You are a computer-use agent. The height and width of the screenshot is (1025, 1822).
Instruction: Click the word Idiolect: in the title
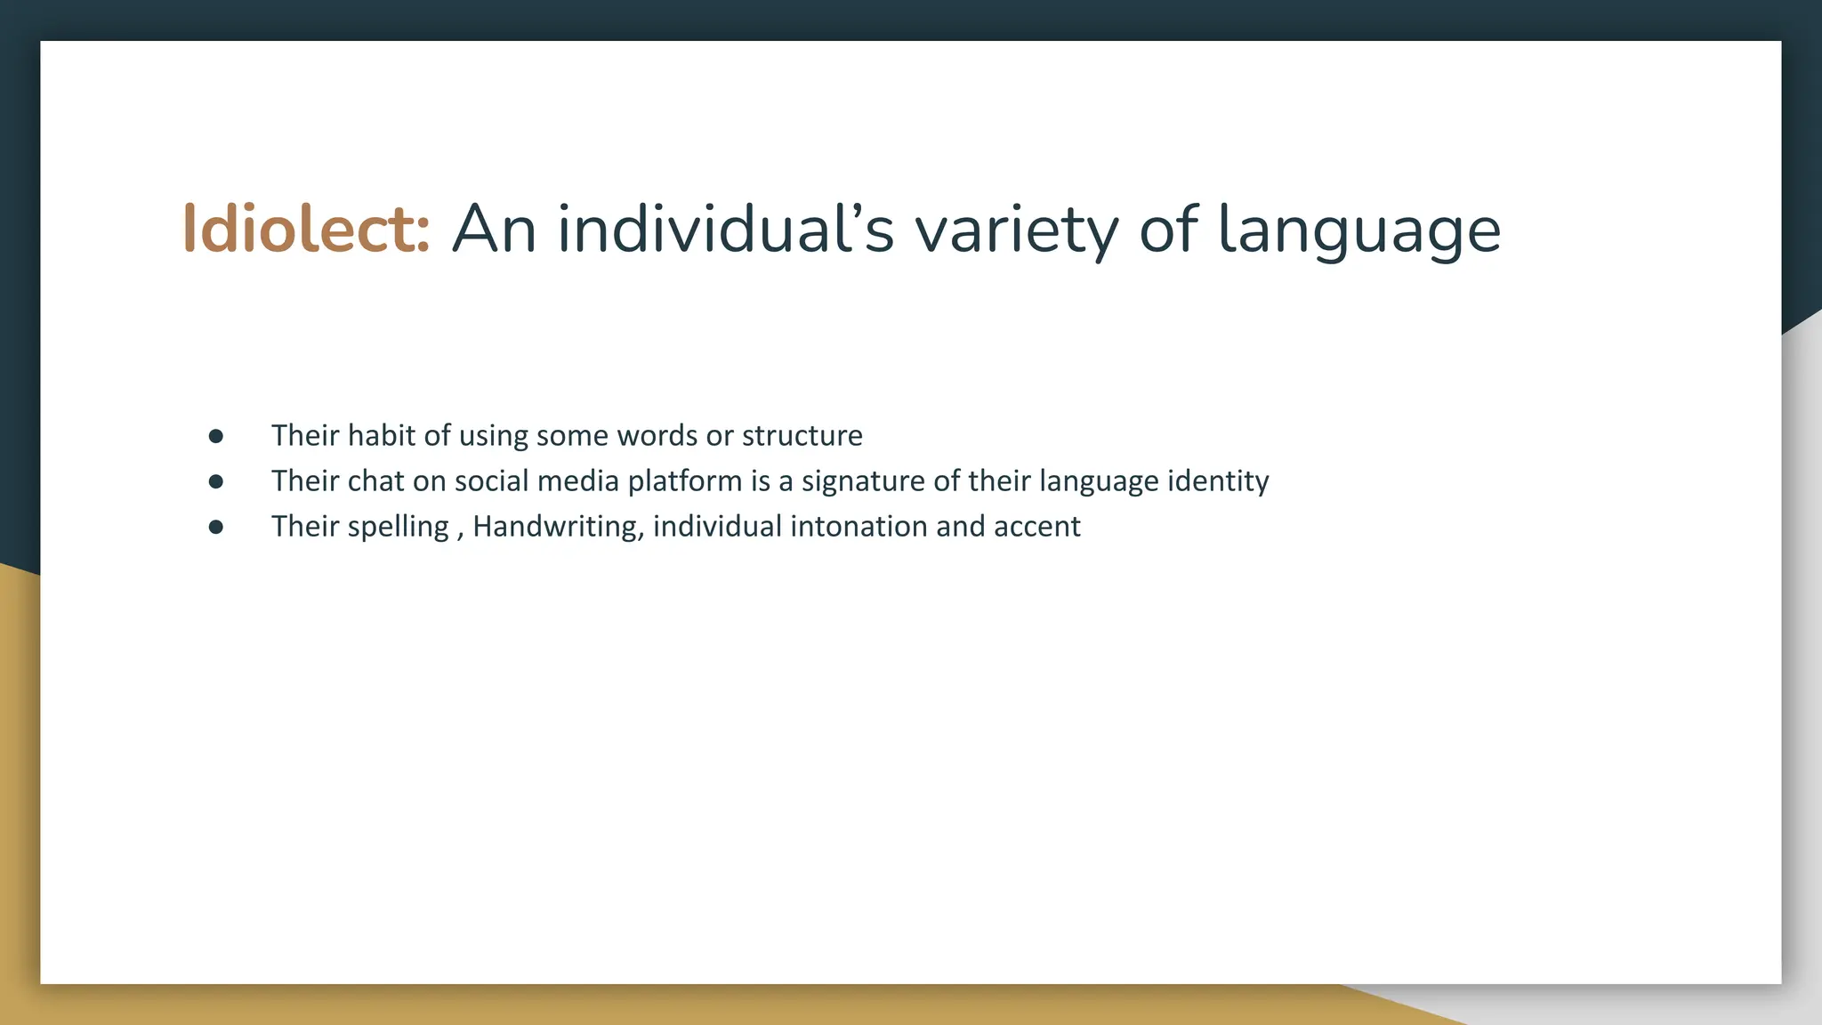click(306, 230)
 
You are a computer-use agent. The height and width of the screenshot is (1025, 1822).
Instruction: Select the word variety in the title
click(1016, 230)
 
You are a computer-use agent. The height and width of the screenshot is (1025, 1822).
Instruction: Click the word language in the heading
click(1358, 230)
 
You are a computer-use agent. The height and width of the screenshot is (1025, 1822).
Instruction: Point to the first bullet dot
click(215, 436)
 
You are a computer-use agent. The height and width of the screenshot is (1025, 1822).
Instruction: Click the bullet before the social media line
click(215, 481)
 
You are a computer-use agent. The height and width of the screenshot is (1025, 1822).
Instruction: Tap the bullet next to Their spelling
click(215, 527)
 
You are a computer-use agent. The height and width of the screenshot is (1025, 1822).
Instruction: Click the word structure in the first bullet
click(802, 436)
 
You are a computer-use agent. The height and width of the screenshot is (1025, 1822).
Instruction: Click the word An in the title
click(494, 230)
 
